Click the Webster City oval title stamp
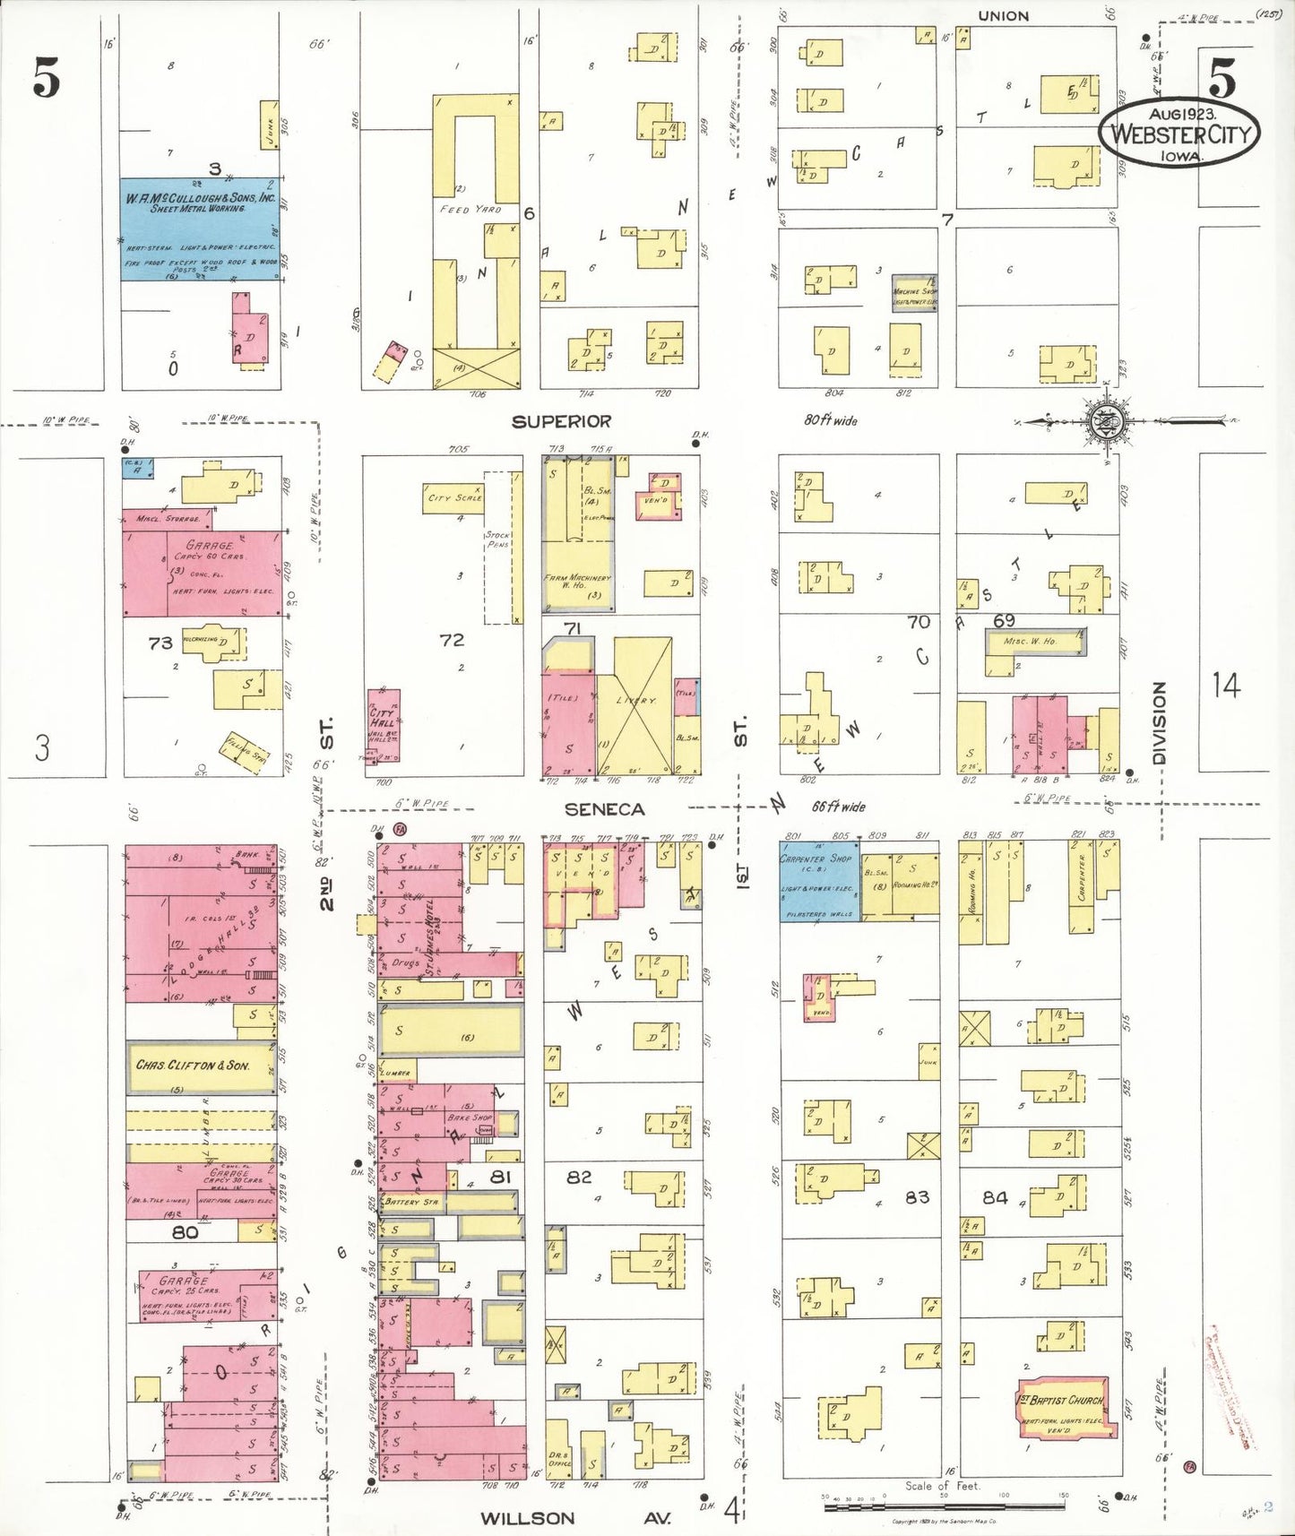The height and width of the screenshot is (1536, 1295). [1179, 132]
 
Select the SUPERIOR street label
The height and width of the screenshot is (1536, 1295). [561, 421]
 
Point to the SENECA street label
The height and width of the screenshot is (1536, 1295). [605, 809]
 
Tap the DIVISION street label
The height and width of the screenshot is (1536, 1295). [1160, 722]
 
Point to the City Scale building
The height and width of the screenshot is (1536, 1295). [453, 498]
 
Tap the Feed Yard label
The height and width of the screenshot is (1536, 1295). [471, 209]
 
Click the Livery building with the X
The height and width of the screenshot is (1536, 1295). [635, 705]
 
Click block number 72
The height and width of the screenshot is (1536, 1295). [452, 640]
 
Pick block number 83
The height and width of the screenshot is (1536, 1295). [917, 1196]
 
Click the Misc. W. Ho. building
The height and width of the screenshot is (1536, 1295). [1031, 642]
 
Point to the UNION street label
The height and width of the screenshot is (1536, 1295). [1003, 16]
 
